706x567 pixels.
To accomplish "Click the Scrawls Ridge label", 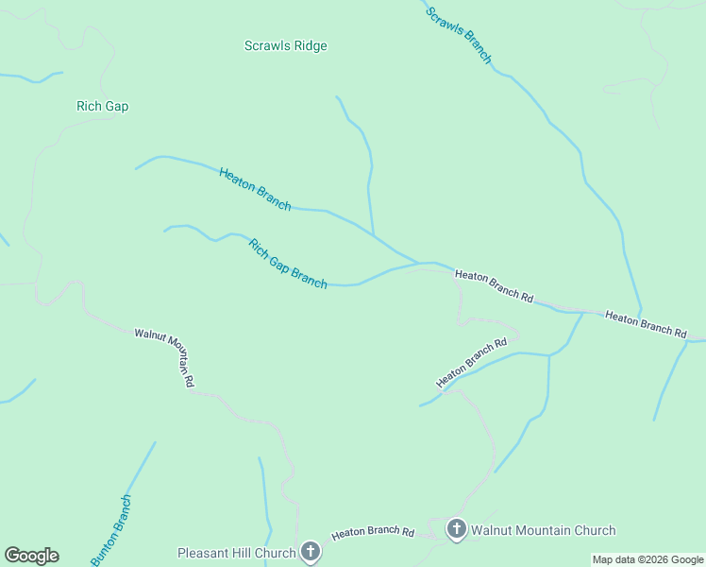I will coord(285,45).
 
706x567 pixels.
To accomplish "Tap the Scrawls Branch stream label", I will coord(459,35).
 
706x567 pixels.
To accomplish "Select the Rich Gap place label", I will coord(102,106).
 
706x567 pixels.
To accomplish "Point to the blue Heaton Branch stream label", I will coord(255,188).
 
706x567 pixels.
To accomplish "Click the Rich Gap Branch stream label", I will coord(288,263).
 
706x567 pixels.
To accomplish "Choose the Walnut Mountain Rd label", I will coord(164,357).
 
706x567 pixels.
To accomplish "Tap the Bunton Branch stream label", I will coord(111,530).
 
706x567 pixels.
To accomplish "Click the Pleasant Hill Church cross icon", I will coord(311,552).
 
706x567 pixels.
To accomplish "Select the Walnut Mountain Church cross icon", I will coord(456,529).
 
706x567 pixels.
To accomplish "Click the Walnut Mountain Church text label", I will coord(543,530).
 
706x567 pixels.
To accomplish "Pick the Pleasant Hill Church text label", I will coord(237,553).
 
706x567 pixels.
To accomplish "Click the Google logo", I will coord(31,556).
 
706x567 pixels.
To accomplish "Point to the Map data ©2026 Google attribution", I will coord(648,559).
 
